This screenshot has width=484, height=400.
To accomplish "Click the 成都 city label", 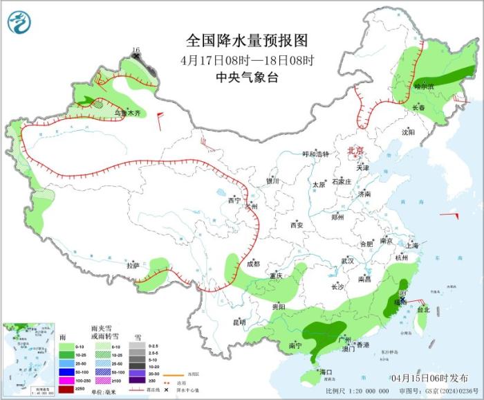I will pyautogui.click(x=253, y=264).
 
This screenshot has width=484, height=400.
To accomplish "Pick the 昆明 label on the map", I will pyautogui.click(x=239, y=322).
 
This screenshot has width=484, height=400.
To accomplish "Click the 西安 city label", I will pyautogui.click(x=297, y=225).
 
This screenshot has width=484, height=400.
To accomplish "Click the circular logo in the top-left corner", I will pyautogui.click(x=20, y=23).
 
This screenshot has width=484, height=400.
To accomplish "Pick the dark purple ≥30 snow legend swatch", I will pyautogui.click(x=138, y=380).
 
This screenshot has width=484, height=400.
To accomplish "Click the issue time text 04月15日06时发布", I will pyautogui.click(x=428, y=378).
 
